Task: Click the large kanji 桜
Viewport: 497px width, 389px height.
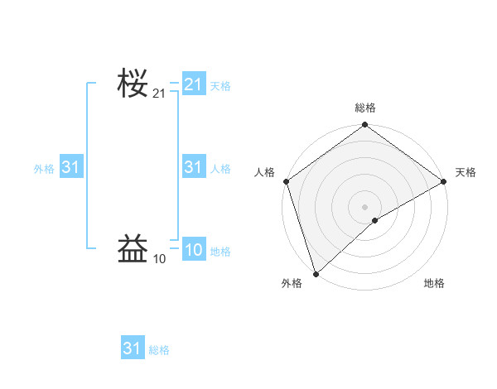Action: pos(133,84)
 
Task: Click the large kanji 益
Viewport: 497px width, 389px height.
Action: pos(133,247)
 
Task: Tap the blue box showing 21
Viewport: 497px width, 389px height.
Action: pos(194,84)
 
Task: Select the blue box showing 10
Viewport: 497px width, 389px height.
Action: pos(194,251)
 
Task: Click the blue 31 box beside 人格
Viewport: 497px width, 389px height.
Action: pos(194,168)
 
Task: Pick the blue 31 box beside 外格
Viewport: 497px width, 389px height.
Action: pos(70,168)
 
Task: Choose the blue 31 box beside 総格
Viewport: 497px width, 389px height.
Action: pos(133,348)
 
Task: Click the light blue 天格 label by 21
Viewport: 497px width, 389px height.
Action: pos(220,85)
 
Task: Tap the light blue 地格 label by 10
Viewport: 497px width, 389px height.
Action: pos(220,252)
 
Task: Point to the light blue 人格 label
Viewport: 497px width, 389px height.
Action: pos(220,169)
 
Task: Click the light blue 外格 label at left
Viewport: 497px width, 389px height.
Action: pos(44,169)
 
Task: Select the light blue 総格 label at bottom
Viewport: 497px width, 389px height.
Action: pos(159,350)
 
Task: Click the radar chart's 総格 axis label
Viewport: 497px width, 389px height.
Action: pos(365,108)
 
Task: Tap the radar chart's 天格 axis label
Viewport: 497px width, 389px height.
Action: pos(466,172)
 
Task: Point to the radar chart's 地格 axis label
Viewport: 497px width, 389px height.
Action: pos(434,284)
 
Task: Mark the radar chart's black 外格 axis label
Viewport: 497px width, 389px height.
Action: pos(292,284)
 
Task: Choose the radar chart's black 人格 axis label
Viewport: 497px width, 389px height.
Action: pos(264,172)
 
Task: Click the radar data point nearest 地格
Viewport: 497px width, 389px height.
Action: pos(375,220)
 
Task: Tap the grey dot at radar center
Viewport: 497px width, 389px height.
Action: pos(365,206)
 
